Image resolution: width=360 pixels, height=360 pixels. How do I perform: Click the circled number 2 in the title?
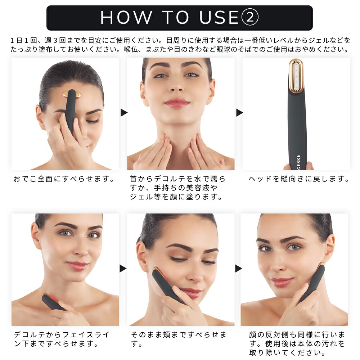pos(250,17)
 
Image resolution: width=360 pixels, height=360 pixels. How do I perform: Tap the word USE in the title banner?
pos(219,17)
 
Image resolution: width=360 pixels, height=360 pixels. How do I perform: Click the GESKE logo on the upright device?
pos(298,162)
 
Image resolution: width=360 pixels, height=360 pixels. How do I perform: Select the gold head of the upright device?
pos(296,76)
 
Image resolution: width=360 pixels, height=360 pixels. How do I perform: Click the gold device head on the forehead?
pos(72,94)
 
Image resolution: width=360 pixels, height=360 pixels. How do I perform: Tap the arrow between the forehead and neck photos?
pos(124,112)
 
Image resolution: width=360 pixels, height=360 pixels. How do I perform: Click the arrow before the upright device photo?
pos(239,112)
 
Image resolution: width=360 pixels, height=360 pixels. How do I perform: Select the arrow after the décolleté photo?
pos(123,269)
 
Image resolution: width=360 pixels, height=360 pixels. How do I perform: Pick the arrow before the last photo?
pos(239,269)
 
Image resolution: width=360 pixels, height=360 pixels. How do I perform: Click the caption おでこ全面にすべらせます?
pos(64,179)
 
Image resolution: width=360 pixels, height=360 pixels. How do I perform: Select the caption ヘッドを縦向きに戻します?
pos(299,179)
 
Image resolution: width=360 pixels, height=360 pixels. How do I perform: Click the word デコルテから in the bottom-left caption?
pos(37,334)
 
